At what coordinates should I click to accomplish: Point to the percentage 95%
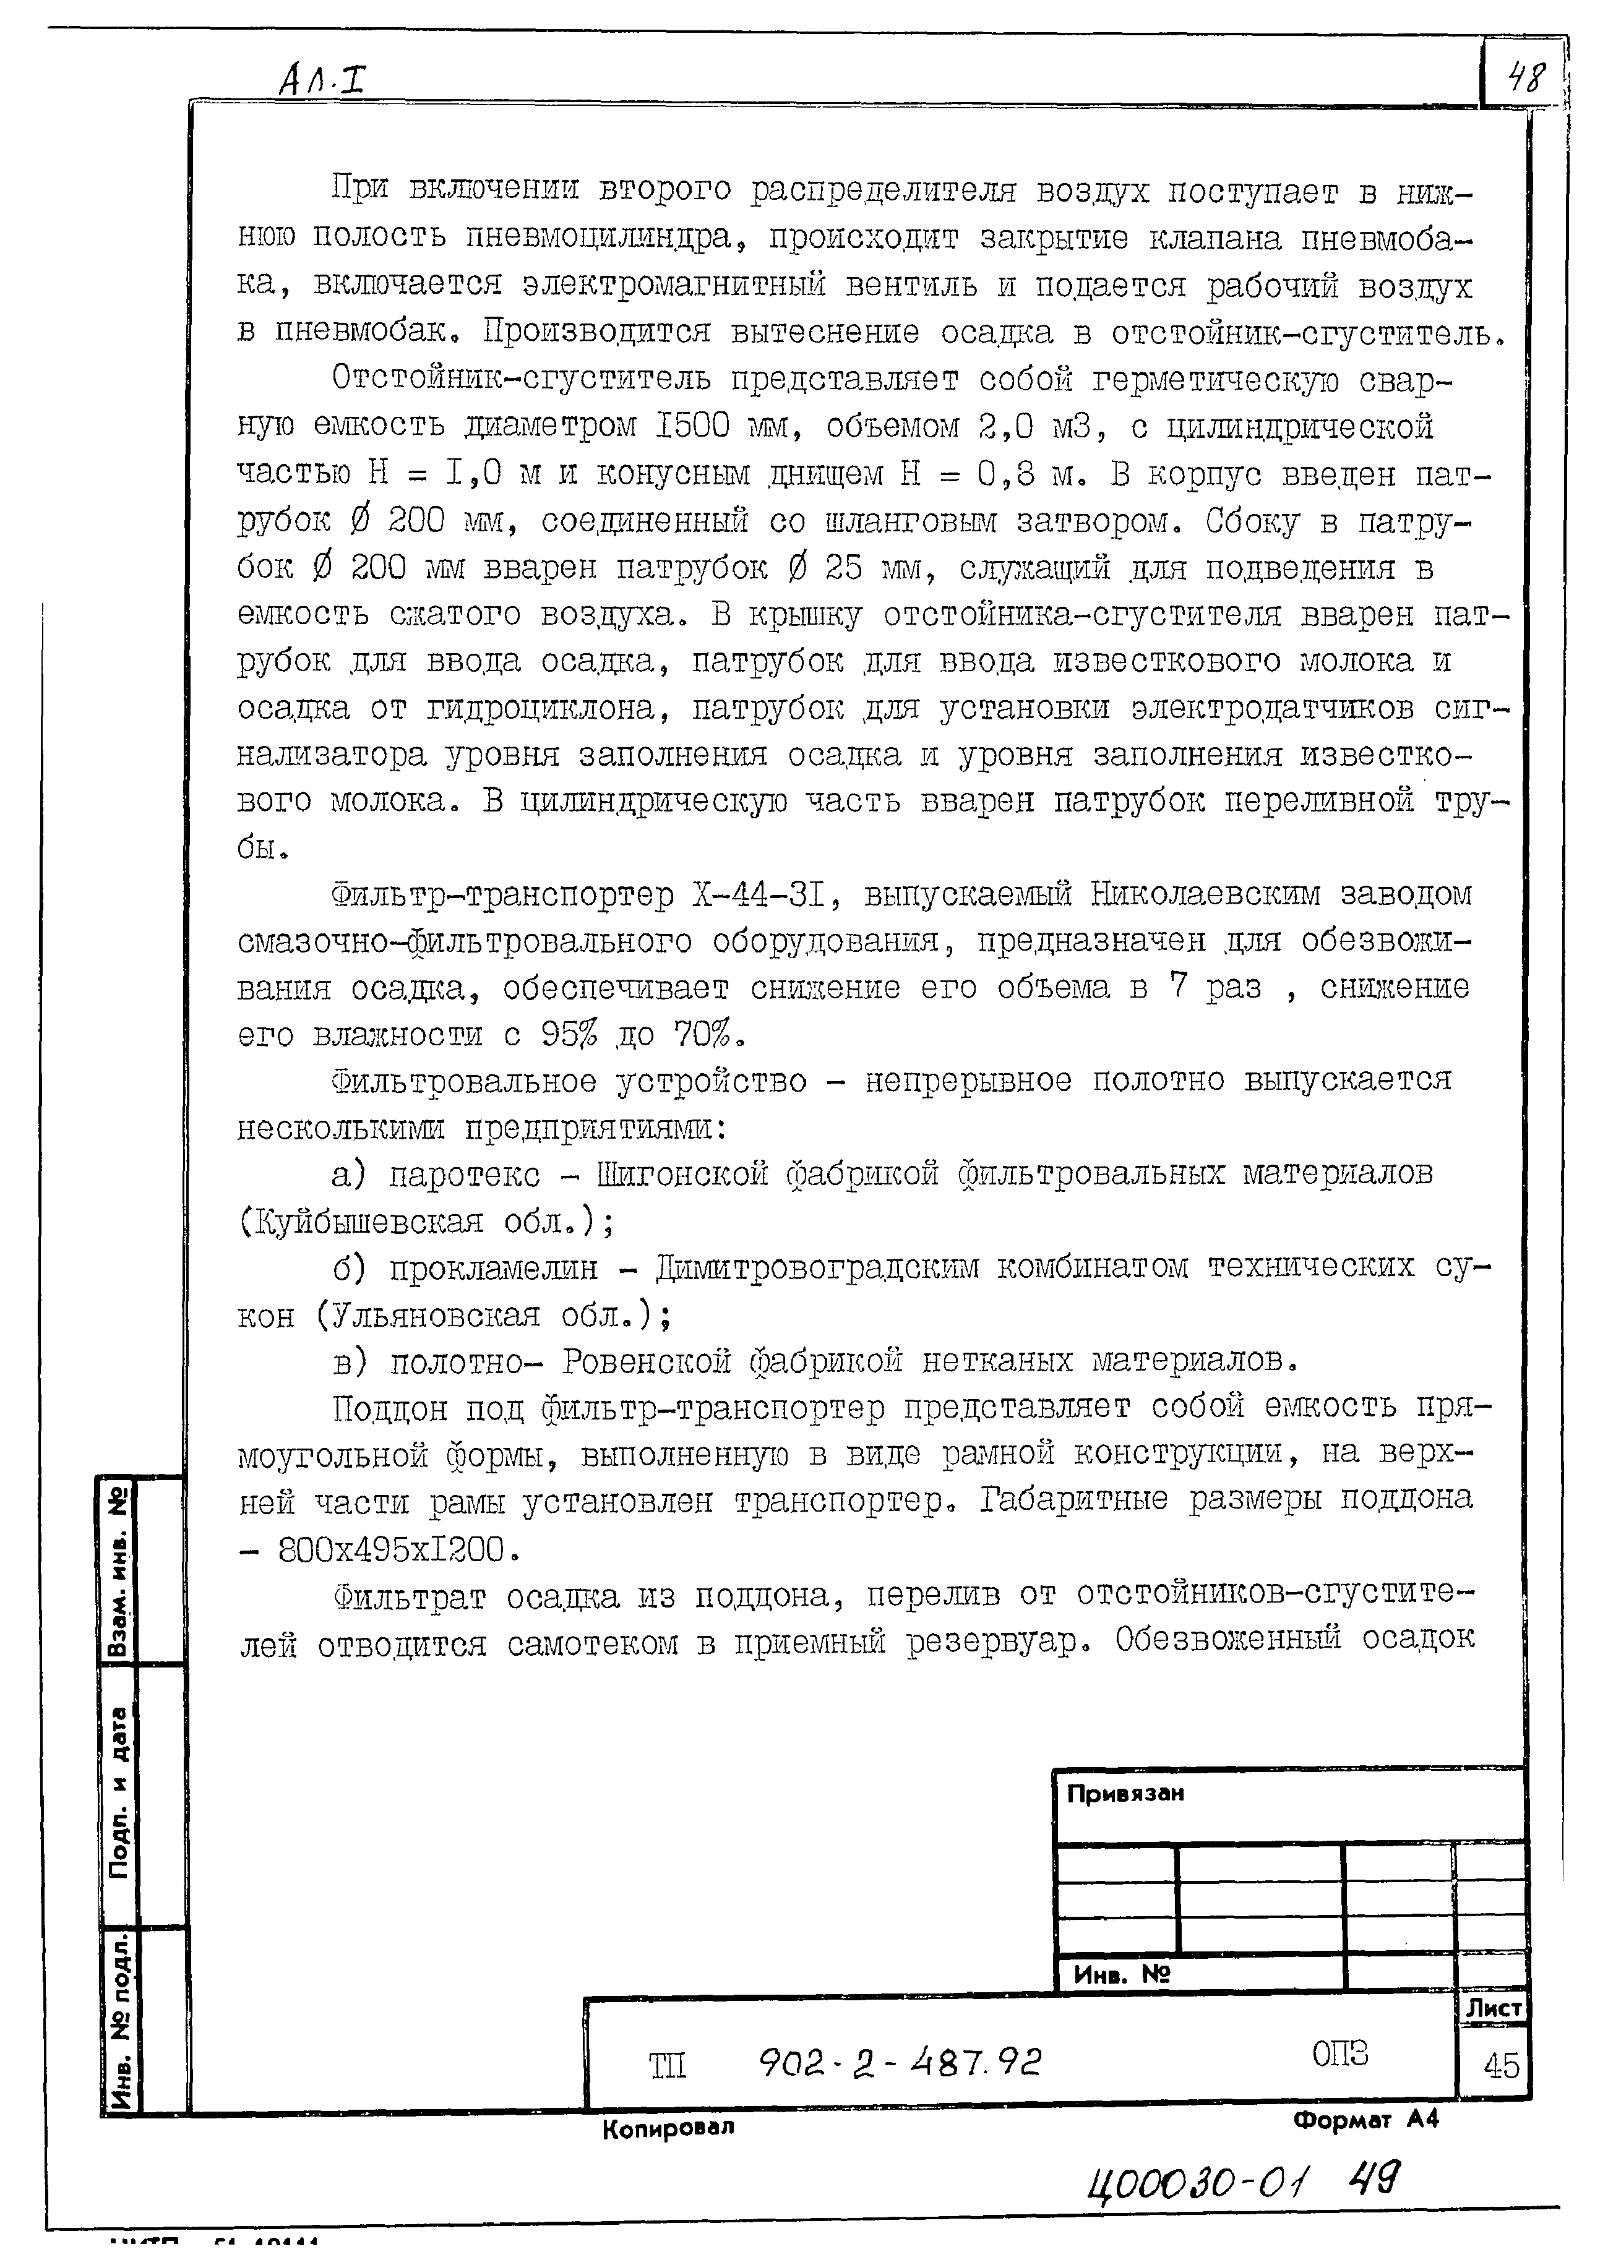tap(569, 1035)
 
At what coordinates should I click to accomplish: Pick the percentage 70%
tap(706, 1035)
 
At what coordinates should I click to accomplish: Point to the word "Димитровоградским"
tap(817, 1268)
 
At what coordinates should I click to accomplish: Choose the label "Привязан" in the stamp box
tap(1125, 1794)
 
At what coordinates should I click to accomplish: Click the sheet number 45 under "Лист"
tap(1501, 2065)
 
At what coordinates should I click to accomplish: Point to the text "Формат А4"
tap(1365, 2120)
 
